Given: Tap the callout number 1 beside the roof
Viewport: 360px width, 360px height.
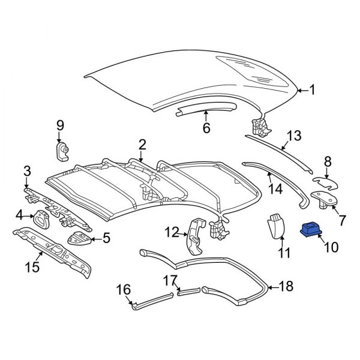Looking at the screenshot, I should coord(312,91).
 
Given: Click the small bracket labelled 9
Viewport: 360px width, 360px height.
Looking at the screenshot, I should coord(62,151).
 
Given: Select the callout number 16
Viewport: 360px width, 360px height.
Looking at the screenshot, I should coord(123,290).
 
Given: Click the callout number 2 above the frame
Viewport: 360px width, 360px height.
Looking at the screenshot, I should coord(142,144).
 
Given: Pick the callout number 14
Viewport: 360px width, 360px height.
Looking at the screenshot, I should coord(275,190).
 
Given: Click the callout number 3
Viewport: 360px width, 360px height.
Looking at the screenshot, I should coord(28,172).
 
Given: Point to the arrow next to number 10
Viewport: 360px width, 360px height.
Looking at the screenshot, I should coord(322,241).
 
